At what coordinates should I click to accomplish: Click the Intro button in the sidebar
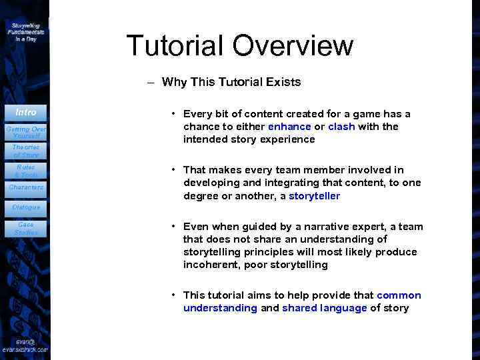tap(26, 112)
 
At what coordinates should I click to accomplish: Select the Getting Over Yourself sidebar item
tap(26, 131)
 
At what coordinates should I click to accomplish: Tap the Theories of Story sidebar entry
tap(26, 151)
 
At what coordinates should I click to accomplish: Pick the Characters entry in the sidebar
tap(26, 187)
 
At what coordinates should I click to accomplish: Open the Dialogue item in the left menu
tap(26, 207)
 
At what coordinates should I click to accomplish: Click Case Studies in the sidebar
tap(26, 229)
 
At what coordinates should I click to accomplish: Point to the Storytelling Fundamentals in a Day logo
tap(26, 31)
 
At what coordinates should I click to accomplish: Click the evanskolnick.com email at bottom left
tap(25, 345)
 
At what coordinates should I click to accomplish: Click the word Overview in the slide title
tap(293, 45)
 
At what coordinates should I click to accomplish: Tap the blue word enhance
tap(289, 127)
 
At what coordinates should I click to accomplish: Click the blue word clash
tap(341, 127)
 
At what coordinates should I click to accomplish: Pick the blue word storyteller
tap(314, 196)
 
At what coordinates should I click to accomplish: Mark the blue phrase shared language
tap(324, 308)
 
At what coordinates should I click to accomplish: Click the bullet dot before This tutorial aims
tap(173, 295)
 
